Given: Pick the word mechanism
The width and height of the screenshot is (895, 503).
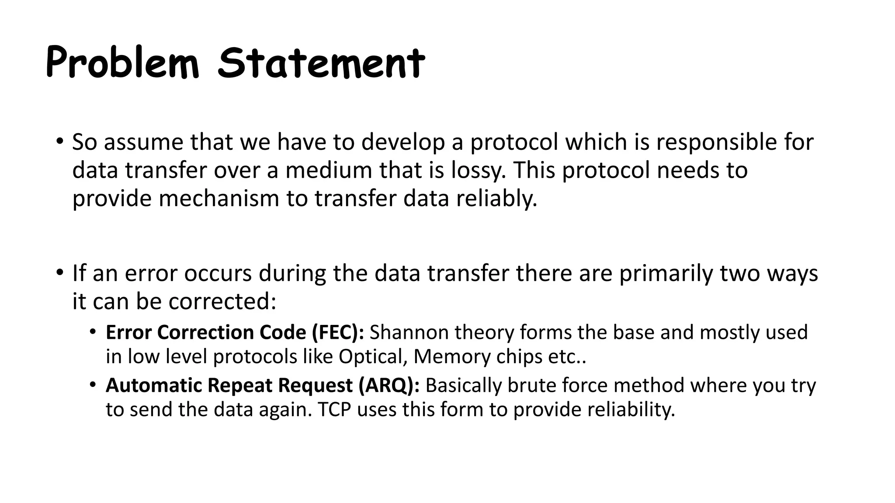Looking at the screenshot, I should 219,199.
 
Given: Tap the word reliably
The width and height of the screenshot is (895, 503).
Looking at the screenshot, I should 497,199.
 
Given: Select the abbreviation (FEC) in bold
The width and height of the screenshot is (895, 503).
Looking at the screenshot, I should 338,333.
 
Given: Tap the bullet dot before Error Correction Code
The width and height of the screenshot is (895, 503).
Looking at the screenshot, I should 92,332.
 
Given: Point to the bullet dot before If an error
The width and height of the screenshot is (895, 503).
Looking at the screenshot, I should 59,273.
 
